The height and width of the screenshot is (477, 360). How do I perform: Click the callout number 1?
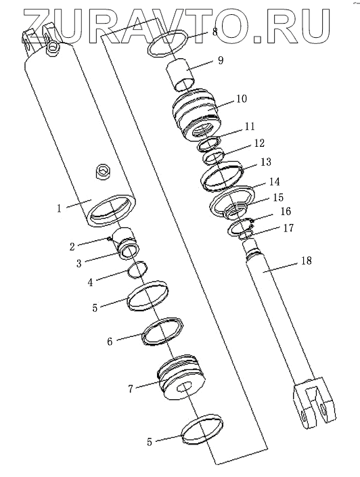[59, 208]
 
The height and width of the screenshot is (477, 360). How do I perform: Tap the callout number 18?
[307, 260]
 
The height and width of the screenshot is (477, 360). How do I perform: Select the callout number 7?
[131, 388]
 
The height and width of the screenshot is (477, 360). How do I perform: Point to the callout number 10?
[242, 99]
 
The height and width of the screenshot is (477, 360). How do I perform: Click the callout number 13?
[266, 162]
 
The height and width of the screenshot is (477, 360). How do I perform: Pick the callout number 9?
[221, 60]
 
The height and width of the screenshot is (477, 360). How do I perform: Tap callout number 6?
[110, 341]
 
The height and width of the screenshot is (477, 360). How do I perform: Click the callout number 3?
[78, 263]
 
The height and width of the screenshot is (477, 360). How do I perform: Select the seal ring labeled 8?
[168, 43]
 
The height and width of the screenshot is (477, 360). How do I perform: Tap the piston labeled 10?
[196, 115]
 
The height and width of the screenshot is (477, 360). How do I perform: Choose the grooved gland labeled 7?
[182, 378]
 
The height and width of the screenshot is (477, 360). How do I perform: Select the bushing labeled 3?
[127, 244]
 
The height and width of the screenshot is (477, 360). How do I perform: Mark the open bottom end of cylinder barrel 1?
[112, 210]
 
